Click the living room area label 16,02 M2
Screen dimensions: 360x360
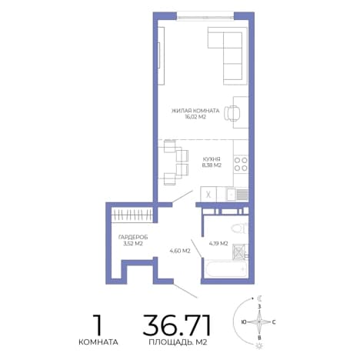(195, 117)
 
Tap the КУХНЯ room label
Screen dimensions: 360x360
(212, 159)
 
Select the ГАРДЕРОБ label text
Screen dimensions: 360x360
(133, 237)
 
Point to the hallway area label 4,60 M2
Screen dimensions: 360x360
(180, 251)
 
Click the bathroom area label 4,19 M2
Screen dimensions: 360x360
(218, 244)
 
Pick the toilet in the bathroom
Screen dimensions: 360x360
(239, 228)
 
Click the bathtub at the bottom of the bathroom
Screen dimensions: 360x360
(226, 268)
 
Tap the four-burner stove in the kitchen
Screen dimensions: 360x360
(241, 164)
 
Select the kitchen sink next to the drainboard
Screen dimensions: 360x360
(231, 195)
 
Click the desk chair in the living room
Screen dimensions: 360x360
(232, 113)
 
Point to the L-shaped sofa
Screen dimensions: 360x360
(225, 56)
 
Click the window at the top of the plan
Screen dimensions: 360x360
(205, 17)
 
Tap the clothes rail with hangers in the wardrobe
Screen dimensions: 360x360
(132, 215)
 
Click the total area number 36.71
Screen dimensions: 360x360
(177, 325)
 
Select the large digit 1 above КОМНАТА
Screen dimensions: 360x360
(98, 325)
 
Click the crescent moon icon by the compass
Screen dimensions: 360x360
(260, 298)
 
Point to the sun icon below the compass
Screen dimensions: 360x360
(259, 345)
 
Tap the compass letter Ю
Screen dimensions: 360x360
(244, 322)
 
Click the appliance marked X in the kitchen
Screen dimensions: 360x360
(208, 195)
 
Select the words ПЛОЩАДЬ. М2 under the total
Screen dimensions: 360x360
(178, 342)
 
